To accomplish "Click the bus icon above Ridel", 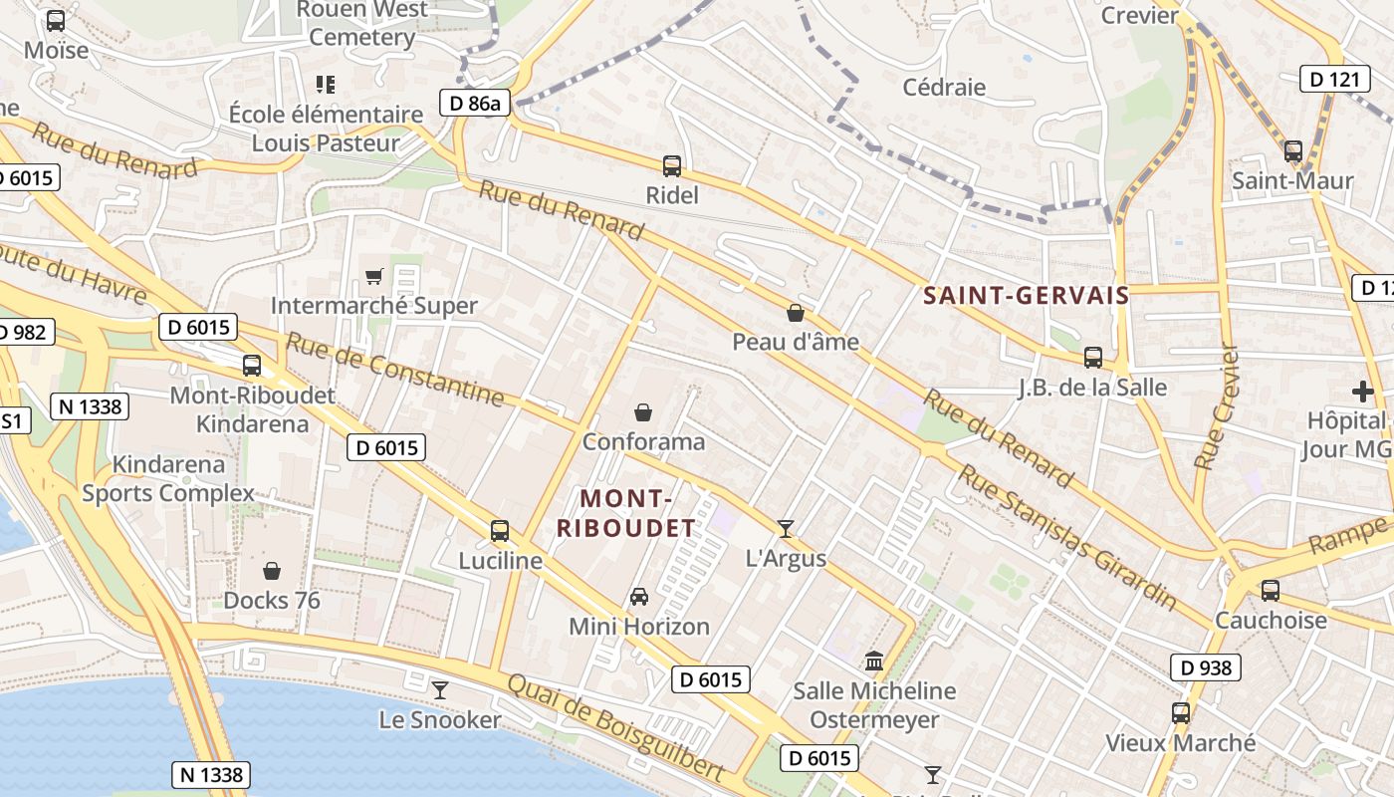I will pos(672,165).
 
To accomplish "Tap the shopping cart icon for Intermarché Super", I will pos(374,276).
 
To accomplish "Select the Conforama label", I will pos(643,441).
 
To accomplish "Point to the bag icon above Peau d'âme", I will pos(796,313).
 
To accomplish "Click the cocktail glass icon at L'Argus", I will pos(786,528).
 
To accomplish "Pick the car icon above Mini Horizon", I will pos(639,597).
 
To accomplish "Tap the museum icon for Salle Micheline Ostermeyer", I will pos(874,661).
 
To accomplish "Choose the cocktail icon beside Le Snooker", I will pos(440,689).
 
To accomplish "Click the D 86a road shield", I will pos(475,103).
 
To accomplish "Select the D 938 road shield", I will pos(1205,667).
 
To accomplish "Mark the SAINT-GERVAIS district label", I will pos(1026,295).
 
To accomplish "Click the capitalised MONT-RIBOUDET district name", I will pos(625,513).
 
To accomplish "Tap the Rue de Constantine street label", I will pos(395,370).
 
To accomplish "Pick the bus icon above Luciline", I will pos(500,531).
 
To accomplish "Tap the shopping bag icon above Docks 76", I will pos(272,571).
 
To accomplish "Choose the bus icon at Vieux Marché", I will pos(1181,713).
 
